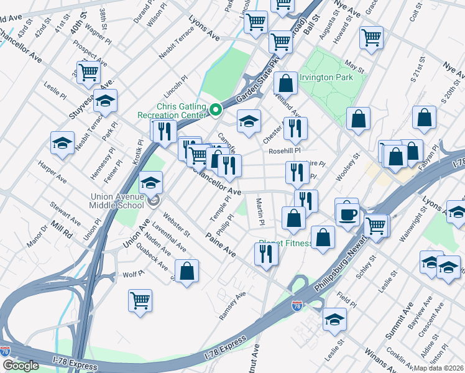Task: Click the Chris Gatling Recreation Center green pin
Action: coord(216,110)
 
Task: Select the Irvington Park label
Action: coord(326,77)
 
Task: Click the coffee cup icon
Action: coord(347,213)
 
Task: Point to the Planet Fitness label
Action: coord(285,243)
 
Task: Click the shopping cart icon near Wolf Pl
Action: coord(140,301)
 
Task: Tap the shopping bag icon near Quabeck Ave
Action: coord(186,271)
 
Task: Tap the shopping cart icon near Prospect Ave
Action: coord(89,72)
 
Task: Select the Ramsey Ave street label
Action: coord(233,306)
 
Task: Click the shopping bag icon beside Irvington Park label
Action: coord(285,83)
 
